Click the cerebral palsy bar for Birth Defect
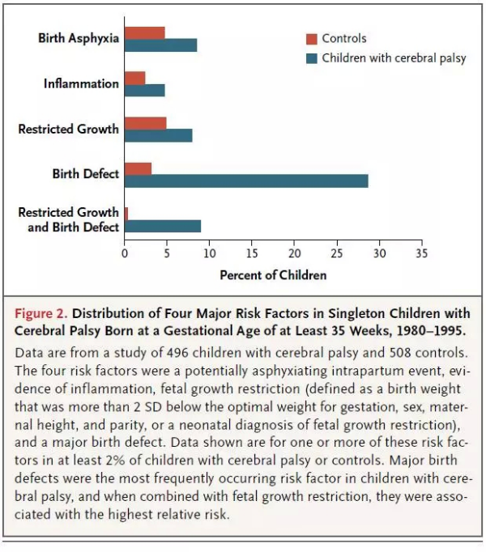point(246,180)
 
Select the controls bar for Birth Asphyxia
point(145,32)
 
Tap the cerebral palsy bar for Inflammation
point(145,90)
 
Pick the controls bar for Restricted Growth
point(146,123)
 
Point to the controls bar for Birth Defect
point(139,168)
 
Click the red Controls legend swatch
point(311,39)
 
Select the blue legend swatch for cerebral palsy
point(311,58)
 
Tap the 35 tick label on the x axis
point(420,253)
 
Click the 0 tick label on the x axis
point(125,253)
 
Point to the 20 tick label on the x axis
point(293,253)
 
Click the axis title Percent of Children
point(273,275)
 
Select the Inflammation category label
point(81,83)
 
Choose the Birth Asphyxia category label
point(79,38)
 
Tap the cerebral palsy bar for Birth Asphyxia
point(160,45)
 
